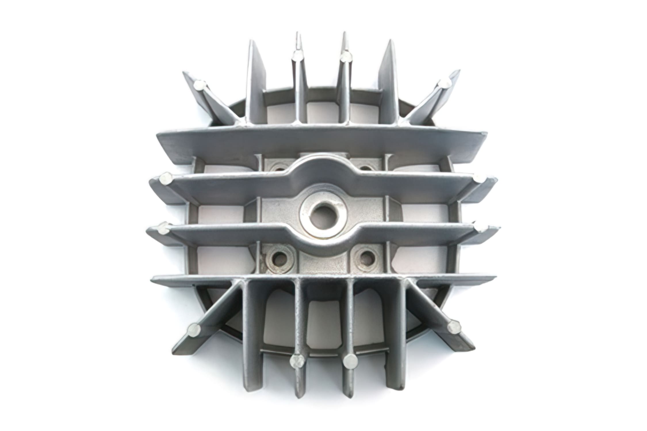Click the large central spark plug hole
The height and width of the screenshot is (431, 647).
coord(324,215)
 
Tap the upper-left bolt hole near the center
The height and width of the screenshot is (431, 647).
coord(278,168)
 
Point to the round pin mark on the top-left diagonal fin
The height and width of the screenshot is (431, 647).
coord(199,85)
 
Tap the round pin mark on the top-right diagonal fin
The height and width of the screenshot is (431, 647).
coord(445,84)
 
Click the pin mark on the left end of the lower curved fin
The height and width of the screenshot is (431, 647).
coord(163,229)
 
